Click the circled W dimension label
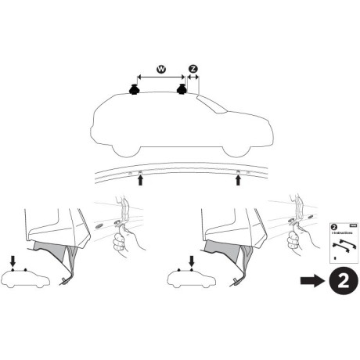click(161, 70)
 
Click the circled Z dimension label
click(193, 70)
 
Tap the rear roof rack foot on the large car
click(184, 90)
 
